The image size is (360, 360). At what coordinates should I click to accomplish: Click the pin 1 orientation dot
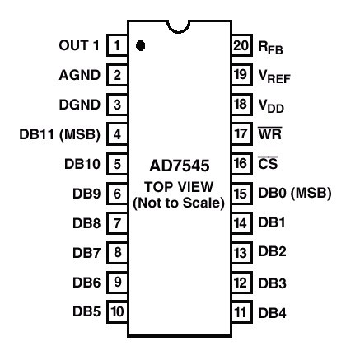click(x=140, y=45)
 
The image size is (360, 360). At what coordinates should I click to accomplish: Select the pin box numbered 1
click(x=117, y=45)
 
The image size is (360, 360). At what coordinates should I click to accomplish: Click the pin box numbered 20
click(x=241, y=45)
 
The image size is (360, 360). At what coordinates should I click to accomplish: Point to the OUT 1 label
click(x=79, y=45)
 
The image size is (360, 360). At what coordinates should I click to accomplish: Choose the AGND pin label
click(x=80, y=75)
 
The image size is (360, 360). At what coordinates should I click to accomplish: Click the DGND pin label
click(x=80, y=105)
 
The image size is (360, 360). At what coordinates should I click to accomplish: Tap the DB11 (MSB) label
click(x=60, y=134)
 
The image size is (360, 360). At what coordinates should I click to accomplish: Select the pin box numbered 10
click(x=117, y=311)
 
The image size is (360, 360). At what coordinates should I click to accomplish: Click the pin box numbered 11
click(x=241, y=311)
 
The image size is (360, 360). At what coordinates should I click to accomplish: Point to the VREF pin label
click(x=274, y=76)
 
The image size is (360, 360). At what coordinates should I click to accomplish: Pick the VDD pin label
click(x=271, y=105)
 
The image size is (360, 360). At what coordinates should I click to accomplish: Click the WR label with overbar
click(x=270, y=133)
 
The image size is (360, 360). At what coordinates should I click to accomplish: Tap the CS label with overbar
click(x=269, y=163)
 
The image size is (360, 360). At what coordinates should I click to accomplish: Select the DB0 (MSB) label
click(x=295, y=193)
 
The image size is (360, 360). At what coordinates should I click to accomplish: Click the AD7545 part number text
click(x=180, y=166)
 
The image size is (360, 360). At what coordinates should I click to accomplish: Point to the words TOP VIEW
click(x=179, y=187)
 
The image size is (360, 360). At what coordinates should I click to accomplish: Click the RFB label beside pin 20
click(x=271, y=48)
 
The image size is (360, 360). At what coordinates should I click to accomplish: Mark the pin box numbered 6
click(x=117, y=194)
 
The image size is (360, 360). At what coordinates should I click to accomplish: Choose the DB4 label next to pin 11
click(x=273, y=313)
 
